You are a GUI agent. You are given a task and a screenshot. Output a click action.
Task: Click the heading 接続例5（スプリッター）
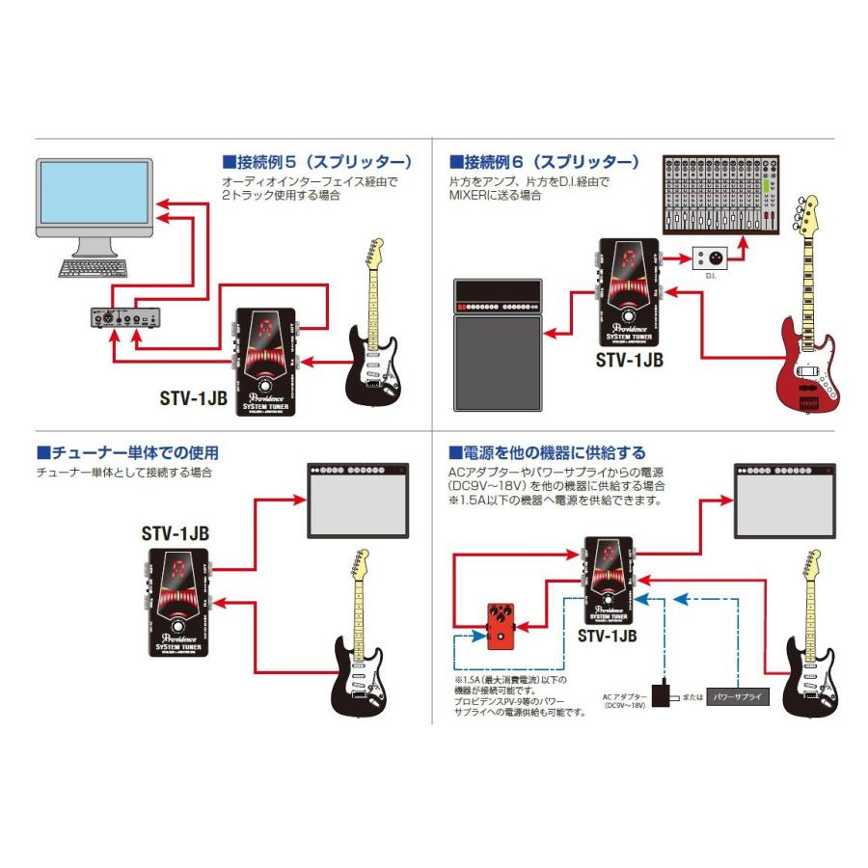tap(317, 161)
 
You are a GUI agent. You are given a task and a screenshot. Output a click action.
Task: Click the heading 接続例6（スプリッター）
tap(544, 161)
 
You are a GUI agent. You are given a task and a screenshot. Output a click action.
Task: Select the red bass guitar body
tap(806, 370)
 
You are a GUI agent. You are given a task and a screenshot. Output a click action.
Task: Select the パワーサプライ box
tap(739, 694)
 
